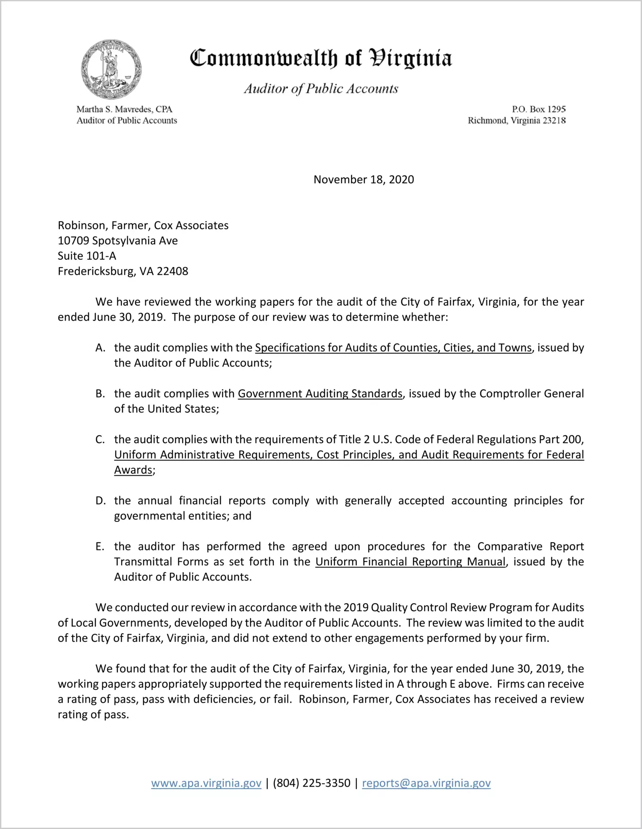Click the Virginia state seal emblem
pyautogui.click(x=111, y=70)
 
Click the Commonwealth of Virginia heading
pyautogui.click(x=321, y=58)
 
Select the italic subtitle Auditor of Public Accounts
pyautogui.click(x=321, y=88)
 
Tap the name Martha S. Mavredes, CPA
pyautogui.click(x=124, y=109)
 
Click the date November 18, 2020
pyautogui.click(x=364, y=179)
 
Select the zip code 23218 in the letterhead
pyautogui.click(x=554, y=121)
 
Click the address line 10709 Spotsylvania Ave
pyautogui.click(x=118, y=240)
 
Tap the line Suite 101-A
pyautogui.click(x=87, y=256)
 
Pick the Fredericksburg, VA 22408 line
pyautogui.click(x=123, y=271)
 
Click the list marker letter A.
pyautogui.click(x=100, y=348)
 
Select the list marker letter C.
pyautogui.click(x=100, y=440)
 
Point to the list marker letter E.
pyautogui.click(x=100, y=547)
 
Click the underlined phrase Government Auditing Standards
pyautogui.click(x=320, y=394)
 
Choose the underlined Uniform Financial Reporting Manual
pyautogui.click(x=410, y=562)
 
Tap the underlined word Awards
pyautogui.click(x=133, y=470)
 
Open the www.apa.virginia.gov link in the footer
pyautogui.click(x=206, y=783)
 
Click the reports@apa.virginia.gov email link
pyautogui.click(x=426, y=783)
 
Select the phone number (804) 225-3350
pyautogui.click(x=312, y=783)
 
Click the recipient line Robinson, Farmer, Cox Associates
pyautogui.click(x=143, y=225)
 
